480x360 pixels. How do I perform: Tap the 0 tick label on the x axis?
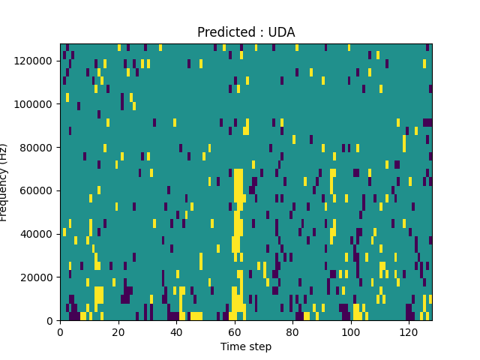60,331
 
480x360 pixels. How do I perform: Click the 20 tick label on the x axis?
118,331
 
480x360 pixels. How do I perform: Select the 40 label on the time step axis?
176,331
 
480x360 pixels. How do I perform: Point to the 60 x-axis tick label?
234,331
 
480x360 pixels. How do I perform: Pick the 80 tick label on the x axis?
292,331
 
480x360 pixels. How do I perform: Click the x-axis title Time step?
246,346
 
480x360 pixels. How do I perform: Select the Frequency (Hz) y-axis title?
4,182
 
